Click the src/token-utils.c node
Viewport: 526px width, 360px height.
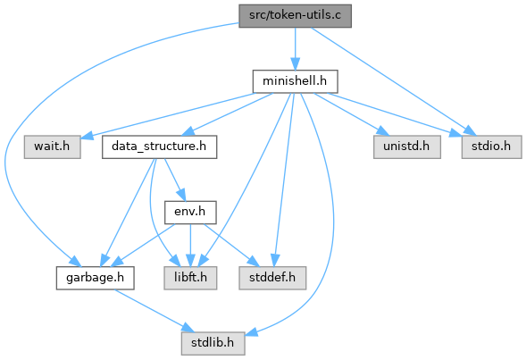(x=296, y=16)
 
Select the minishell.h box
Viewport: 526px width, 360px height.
(x=296, y=81)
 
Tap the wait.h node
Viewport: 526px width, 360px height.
(x=53, y=147)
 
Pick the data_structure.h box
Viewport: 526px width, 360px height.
(x=159, y=147)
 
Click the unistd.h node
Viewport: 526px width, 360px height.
(x=407, y=147)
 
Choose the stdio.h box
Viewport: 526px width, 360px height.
(x=491, y=147)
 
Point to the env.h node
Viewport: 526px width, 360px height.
(x=190, y=212)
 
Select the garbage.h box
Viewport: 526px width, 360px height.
(x=96, y=278)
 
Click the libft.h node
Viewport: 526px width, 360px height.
(x=190, y=278)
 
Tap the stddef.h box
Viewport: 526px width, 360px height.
(x=272, y=278)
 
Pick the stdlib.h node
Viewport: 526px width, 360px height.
(x=213, y=343)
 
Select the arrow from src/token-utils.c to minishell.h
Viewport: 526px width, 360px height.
(x=296, y=48)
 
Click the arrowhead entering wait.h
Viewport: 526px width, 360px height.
(x=87, y=136)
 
